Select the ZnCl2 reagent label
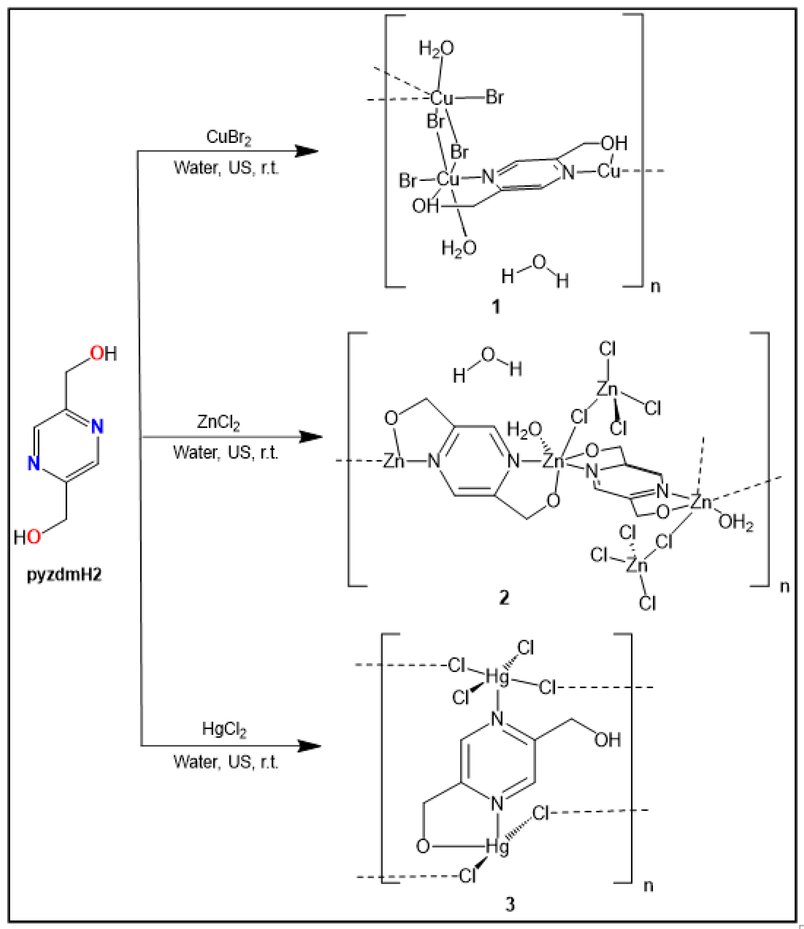point(219,423)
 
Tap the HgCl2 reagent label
point(224,729)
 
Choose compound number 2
point(504,598)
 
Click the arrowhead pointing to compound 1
point(307,151)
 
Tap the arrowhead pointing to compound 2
point(311,436)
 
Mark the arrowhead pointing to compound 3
point(310,746)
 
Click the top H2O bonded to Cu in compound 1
point(436,48)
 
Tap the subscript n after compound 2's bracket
point(784,586)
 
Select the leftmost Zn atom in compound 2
point(394,461)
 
